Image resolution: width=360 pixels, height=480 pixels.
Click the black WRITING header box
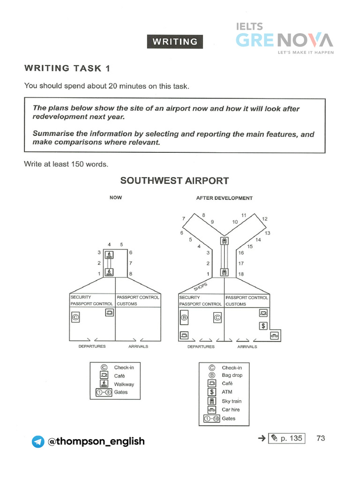175,42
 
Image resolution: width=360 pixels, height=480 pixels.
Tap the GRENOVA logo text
284,40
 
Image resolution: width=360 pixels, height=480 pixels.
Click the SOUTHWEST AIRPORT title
174,181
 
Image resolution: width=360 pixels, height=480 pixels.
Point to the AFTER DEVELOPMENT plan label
224,198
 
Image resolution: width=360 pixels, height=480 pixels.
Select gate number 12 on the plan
265,219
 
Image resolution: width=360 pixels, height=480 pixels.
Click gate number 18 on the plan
241,274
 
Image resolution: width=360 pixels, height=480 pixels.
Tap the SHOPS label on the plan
200,286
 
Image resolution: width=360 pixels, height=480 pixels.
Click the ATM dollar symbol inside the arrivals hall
263,325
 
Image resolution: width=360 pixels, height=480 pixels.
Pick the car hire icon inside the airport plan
274,335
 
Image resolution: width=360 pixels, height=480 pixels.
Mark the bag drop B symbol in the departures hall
184,319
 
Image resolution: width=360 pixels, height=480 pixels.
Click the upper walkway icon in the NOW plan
110,255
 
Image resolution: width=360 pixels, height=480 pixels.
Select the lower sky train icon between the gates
224,272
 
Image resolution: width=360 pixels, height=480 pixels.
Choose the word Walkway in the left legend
124,384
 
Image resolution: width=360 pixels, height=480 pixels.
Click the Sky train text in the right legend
232,401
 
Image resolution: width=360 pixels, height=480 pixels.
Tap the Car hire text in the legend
231,410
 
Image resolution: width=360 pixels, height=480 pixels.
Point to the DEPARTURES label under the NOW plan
92,346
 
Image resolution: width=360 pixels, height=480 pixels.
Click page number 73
321,438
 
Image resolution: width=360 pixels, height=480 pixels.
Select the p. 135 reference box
286,439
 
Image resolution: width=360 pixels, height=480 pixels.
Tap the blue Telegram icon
37,442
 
